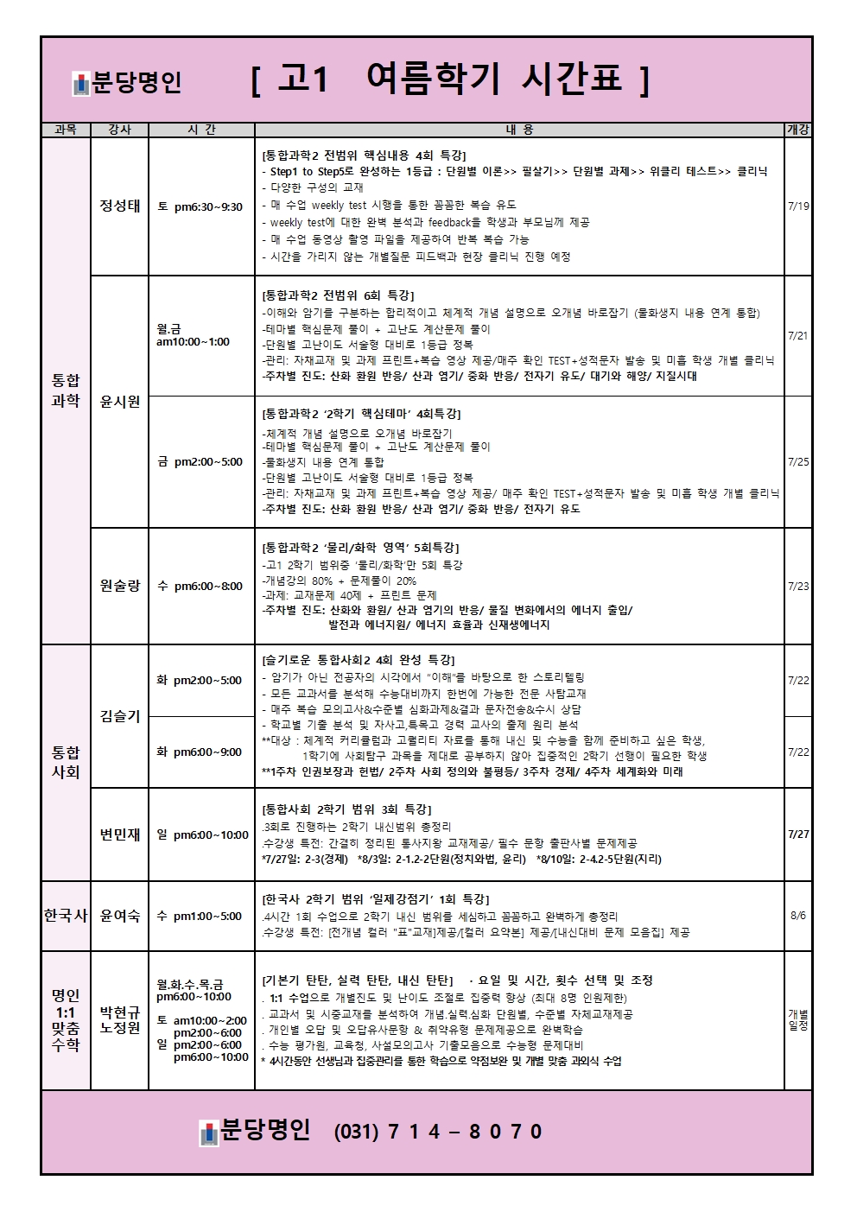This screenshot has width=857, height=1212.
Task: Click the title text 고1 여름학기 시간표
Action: click(449, 80)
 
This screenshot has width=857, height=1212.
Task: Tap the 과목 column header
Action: click(66, 130)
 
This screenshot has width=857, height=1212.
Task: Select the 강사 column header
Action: click(119, 130)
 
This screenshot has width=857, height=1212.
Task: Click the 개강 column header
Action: click(797, 130)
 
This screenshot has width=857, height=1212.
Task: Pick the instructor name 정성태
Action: click(119, 206)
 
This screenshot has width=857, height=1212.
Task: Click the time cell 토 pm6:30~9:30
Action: click(200, 206)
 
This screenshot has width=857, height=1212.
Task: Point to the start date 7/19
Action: click(798, 206)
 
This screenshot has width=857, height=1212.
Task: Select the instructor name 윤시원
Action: click(119, 402)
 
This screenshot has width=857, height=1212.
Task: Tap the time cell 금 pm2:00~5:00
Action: click(200, 462)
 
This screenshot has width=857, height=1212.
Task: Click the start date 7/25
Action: click(798, 462)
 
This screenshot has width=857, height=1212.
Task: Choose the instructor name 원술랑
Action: click(119, 586)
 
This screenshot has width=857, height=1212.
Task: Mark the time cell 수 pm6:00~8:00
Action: click(200, 586)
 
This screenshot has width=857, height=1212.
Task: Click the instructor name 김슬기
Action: click(119, 716)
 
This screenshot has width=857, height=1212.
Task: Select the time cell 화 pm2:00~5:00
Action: click(200, 681)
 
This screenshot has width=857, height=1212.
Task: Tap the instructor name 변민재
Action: click(119, 834)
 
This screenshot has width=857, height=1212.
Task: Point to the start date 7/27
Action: click(798, 834)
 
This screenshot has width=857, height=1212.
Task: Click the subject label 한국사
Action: click(66, 916)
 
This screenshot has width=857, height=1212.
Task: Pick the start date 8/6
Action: click(798, 916)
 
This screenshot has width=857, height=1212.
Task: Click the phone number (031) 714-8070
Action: click(438, 1132)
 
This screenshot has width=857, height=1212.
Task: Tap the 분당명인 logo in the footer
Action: click(254, 1131)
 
